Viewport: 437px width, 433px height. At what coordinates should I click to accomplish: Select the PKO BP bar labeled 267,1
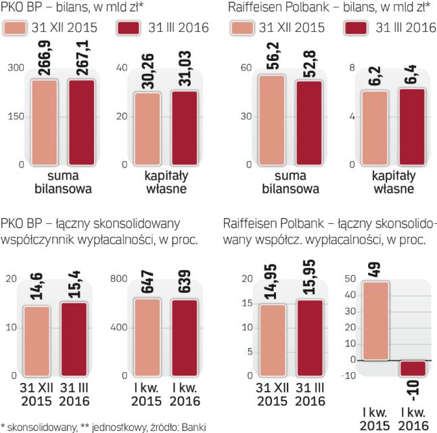pos(80,122)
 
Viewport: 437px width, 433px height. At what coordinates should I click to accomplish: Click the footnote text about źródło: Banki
pos(102,426)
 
